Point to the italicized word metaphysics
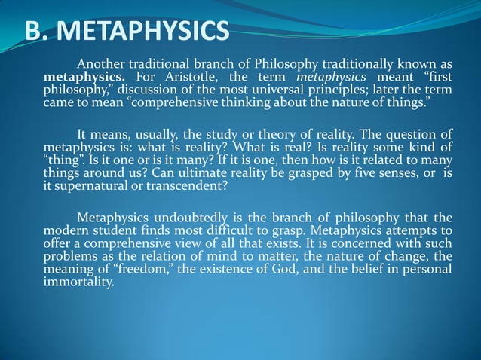point(332,77)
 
